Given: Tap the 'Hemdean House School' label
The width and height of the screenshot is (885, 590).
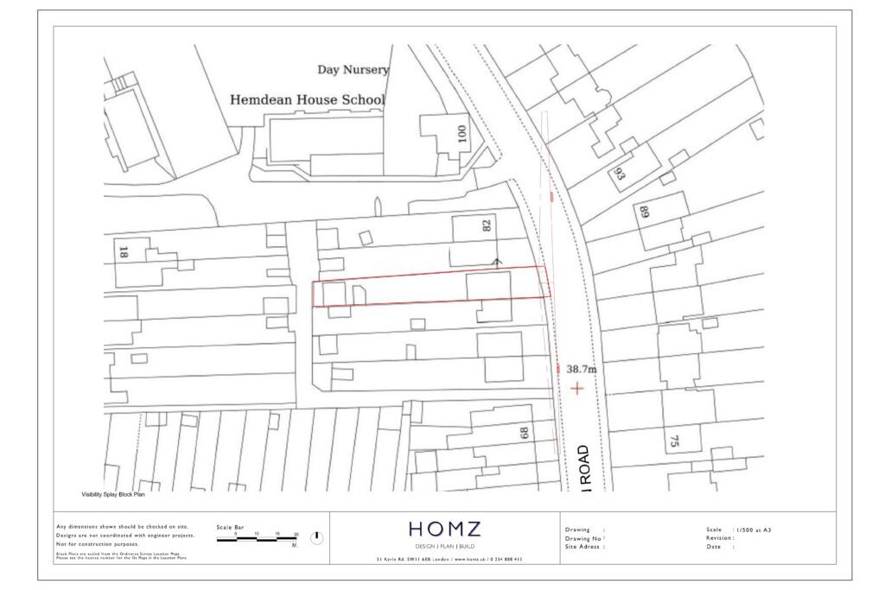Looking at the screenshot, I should [x=306, y=100].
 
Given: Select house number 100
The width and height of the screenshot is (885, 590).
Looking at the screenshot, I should [x=462, y=134].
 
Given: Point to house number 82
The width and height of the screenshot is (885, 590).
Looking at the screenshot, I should [x=486, y=226].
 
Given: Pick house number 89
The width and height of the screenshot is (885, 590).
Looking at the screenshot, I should [x=644, y=213].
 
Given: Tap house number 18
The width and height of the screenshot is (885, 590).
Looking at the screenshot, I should [x=122, y=253].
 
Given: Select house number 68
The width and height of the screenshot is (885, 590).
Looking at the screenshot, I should [x=524, y=433].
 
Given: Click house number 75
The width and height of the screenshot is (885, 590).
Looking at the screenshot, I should [x=673, y=441].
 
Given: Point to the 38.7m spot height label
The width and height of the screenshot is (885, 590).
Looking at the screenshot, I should [x=582, y=369].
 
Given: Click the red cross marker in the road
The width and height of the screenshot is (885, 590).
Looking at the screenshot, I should [x=576, y=389].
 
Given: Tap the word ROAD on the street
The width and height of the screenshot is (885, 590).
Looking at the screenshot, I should [x=584, y=466].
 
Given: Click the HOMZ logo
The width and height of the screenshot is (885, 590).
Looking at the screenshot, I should [x=444, y=529].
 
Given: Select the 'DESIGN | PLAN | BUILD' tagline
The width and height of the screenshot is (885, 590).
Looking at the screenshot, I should [x=444, y=547].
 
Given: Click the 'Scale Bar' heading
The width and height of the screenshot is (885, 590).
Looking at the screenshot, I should [x=231, y=526].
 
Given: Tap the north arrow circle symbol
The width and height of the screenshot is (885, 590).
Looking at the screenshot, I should [x=316, y=537].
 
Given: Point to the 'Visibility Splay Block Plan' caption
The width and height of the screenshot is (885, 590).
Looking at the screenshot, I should [x=112, y=495].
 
